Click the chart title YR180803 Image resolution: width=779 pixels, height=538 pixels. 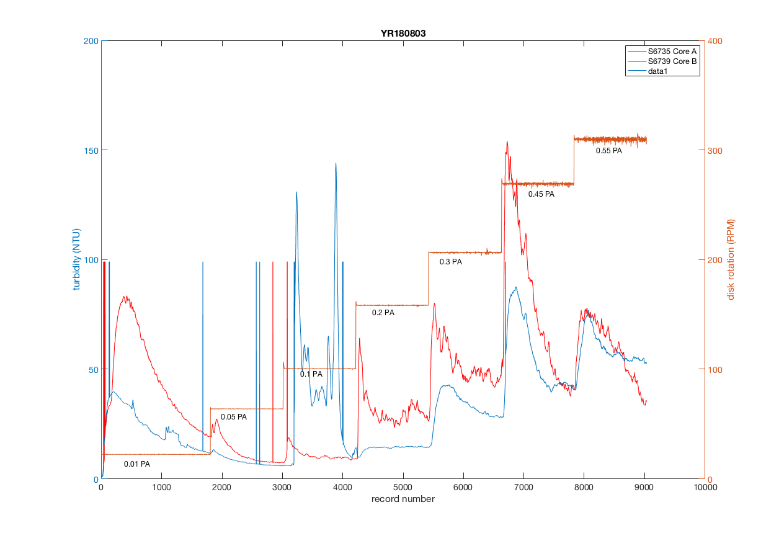pyautogui.click(x=403, y=33)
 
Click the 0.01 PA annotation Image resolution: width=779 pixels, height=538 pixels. pyautogui.click(x=137, y=464)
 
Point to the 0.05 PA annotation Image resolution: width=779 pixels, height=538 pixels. pyautogui.click(x=234, y=417)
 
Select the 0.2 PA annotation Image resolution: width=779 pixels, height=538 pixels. pyautogui.click(x=383, y=313)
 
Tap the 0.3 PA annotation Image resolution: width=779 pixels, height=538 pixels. pyautogui.click(x=451, y=262)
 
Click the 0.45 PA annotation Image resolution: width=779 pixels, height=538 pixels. pyautogui.click(x=541, y=194)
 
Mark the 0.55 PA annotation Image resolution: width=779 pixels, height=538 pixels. pyautogui.click(x=609, y=151)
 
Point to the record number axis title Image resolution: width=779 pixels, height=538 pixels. pyautogui.click(x=403, y=499)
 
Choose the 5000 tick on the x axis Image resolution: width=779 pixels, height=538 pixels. pyautogui.click(x=403, y=488)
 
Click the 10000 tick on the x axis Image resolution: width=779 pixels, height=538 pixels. pyautogui.click(x=705, y=488)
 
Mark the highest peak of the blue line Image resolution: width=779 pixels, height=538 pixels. pyautogui.click(x=336, y=164)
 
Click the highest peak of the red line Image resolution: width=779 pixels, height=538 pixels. pyautogui.click(x=507, y=141)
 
